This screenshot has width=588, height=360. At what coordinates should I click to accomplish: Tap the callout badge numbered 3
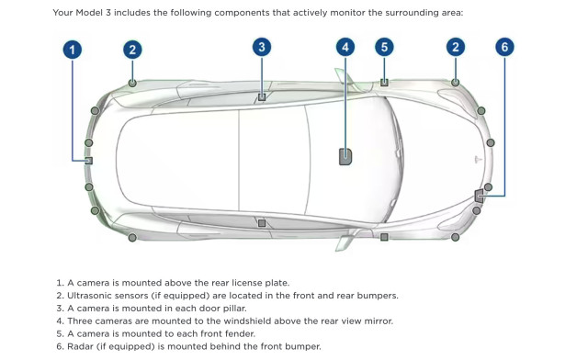(262, 47)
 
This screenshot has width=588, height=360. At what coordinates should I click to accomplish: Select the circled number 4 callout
(345, 47)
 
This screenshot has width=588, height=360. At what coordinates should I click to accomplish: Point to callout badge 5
(384, 47)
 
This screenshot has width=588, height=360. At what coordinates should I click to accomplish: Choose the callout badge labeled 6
(503, 47)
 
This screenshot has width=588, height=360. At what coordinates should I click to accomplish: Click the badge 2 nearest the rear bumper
(132, 50)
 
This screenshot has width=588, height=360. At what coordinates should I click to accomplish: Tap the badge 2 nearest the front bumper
(455, 47)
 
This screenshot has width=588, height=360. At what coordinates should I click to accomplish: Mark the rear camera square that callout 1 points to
(89, 161)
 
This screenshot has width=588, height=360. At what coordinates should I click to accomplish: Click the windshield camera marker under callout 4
(345, 156)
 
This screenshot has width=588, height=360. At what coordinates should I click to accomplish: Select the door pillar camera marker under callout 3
(262, 96)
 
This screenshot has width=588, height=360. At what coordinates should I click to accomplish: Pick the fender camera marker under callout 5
(384, 83)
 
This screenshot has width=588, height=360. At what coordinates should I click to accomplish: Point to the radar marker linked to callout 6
(479, 195)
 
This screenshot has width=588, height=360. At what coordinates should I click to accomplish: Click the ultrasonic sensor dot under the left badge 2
(132, 83)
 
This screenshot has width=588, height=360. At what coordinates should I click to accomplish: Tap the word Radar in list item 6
(82, 346)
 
